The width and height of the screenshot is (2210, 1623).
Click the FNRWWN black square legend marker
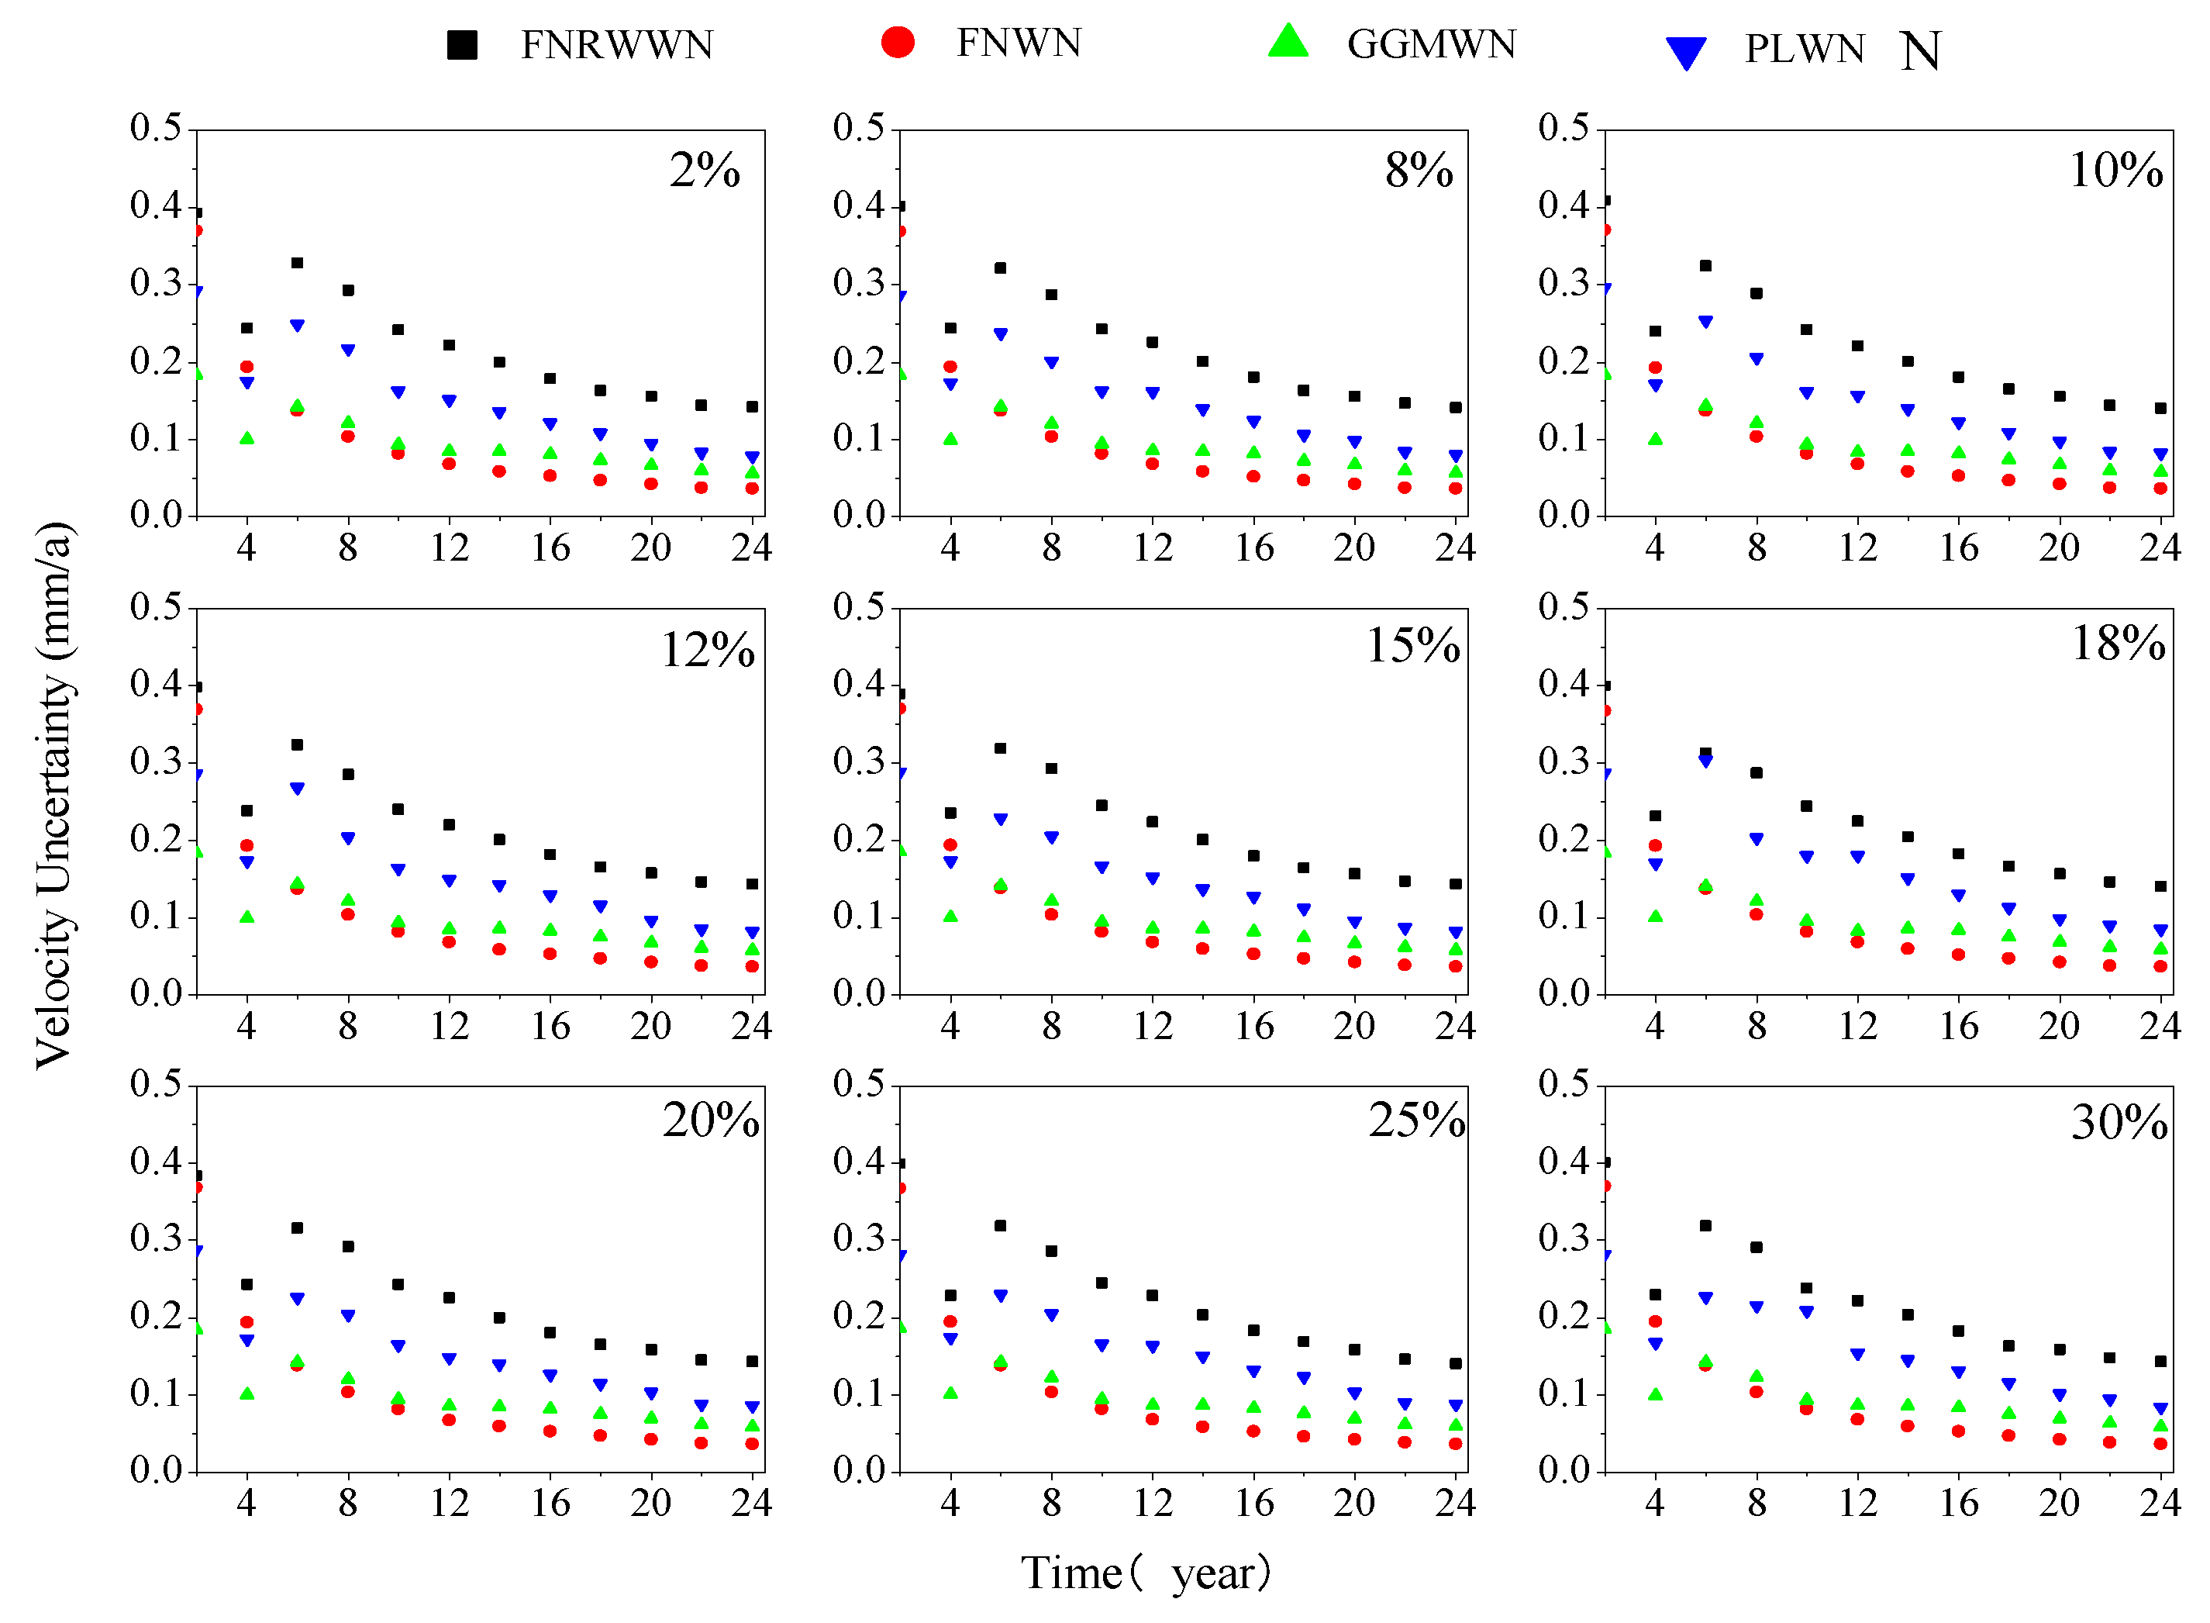462,45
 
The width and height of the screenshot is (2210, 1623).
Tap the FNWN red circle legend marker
898,42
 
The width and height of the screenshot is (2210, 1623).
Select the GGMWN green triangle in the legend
1288,42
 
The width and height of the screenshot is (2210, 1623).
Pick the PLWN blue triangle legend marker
1685,52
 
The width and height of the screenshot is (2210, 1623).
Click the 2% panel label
705,170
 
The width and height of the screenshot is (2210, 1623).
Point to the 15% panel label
1412,645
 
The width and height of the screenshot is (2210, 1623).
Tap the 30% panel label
2119,1122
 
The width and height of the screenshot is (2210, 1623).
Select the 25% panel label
1416,1120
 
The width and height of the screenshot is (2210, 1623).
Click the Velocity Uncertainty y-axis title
55,796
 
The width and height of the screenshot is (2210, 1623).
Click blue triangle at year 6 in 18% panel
1705,761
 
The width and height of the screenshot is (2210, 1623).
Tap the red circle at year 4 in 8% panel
950,367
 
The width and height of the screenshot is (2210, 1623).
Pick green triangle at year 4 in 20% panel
247,1393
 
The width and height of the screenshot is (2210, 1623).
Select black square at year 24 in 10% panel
2160,408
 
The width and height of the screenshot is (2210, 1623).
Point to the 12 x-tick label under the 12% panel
449,1027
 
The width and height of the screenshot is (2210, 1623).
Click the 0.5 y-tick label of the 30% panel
1563,1083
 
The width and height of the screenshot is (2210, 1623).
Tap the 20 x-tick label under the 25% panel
1353,1503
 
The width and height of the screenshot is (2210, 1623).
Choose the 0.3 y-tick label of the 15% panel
858,761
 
